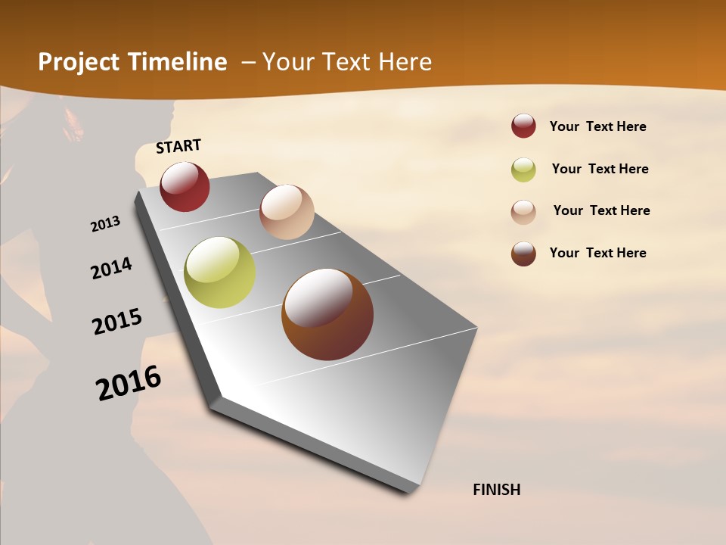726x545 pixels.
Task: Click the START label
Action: point(178,146)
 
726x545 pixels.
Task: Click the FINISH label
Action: point(496,490)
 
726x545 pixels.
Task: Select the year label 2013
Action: point(105,224)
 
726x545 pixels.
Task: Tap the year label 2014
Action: point(111,269)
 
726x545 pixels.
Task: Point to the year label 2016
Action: point(129,383)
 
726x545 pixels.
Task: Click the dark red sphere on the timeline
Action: point(185,187)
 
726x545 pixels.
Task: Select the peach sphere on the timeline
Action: point(287,212)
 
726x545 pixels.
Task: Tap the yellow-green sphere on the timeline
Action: point(219,272)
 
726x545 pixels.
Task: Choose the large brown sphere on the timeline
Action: point(327,314)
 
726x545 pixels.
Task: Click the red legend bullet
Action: point(523,126)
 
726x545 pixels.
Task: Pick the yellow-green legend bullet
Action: point(523,170)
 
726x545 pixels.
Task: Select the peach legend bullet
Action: point(523,211)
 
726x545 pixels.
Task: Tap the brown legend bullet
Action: point(523,254)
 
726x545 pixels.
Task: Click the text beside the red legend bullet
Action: point(597,126)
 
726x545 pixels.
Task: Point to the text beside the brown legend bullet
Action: point(597,253)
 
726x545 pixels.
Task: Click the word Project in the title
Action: point(79,62)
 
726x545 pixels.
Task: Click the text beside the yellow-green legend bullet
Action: point(600,169)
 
